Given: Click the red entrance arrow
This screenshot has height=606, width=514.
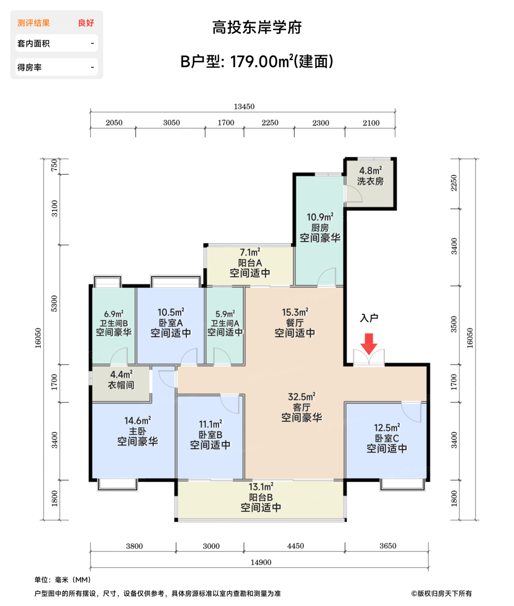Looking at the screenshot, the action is click(x=368, y=344).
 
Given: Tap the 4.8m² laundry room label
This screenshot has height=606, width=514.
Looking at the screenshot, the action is click(x=371, y=171).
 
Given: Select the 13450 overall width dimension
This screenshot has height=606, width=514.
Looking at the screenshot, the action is click(x=244, y=106).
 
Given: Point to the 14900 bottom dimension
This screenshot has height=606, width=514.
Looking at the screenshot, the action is click(x=260, y=562).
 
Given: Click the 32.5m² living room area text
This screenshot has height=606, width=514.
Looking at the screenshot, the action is click(x=302, y=396).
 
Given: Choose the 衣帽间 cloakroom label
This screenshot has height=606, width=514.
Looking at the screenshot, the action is click(x=121, y=385).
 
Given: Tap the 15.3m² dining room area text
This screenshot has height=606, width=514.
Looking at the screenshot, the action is click(x=295, y=312).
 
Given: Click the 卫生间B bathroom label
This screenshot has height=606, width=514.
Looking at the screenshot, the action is click(x=114, y=323).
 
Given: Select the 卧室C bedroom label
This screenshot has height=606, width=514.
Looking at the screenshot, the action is click(x=387, y=438).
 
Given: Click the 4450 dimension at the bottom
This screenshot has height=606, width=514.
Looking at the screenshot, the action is click(x=295, y=545).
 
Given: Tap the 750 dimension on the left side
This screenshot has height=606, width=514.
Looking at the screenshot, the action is click(x=55, y=165).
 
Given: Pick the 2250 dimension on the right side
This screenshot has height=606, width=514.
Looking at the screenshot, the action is click(x=454, y=183).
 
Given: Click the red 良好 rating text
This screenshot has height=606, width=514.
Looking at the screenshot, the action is click(x=86, y=23).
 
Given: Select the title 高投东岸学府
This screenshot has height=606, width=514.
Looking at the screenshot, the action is click(x=257, y=28).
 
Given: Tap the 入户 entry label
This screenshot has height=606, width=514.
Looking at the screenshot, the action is click(x=369, y=318).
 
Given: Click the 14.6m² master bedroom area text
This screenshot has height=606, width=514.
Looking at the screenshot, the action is click(x=137, y=421).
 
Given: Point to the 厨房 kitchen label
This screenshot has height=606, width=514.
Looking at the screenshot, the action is click(x=320, y=228).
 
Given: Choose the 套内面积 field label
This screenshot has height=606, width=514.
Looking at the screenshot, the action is click(x=33, y=43).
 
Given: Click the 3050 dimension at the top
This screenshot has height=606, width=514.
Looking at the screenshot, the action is click(x=172, y=122).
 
